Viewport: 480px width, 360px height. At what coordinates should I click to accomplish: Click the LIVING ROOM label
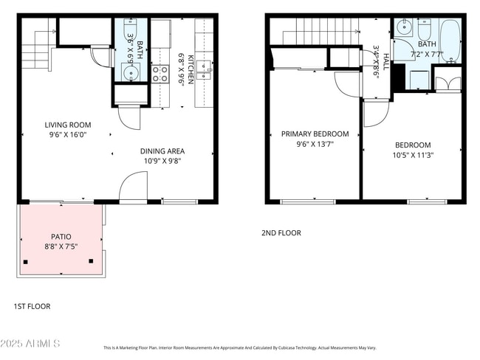(67, 125)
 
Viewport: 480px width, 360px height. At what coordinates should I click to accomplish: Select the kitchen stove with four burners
(160, 73)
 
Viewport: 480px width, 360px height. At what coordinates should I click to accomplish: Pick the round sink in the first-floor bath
(131, 72)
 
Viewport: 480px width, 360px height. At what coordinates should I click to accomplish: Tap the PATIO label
(61, 237)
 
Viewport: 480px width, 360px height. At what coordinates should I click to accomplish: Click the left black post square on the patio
(26, 262)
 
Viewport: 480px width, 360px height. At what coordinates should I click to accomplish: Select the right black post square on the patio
(92, 260)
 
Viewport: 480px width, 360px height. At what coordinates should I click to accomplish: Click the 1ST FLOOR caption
(32, 306)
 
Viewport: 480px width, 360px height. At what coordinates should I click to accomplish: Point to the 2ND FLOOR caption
(281, 233)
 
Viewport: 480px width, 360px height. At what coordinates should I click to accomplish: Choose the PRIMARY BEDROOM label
(315, 134)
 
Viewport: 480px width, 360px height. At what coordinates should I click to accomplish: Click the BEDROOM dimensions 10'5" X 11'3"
(413, 156)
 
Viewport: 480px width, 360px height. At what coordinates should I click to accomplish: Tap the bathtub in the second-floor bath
(449, 38)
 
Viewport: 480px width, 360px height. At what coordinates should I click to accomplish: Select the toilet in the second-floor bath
(425, 31)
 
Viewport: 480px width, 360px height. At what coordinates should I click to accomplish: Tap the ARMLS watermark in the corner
(31, 345)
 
